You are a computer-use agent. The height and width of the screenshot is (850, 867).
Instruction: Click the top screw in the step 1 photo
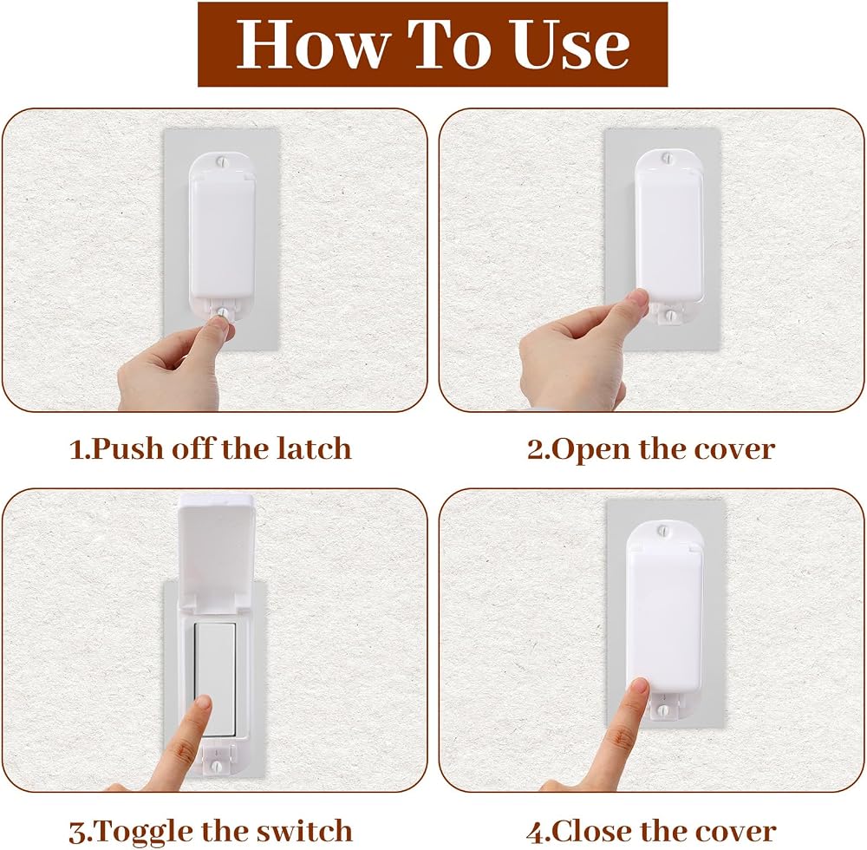(x=222, y=162)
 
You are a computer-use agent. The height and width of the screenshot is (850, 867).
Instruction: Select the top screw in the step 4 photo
(x=662, y=532)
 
